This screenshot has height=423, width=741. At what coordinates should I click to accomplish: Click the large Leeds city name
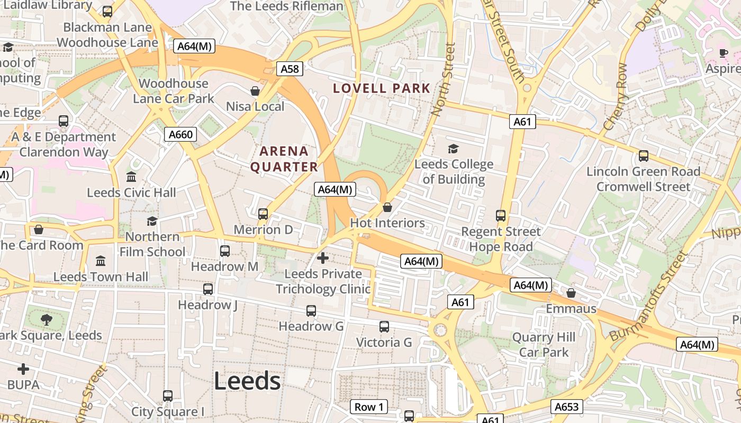tap(247, 381)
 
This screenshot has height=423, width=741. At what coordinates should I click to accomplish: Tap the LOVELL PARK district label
tap(382, 88)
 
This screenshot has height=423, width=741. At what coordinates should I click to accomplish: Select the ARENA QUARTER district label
tap(284, 159)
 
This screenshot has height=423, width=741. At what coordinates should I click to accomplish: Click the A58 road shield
tap(290, 69)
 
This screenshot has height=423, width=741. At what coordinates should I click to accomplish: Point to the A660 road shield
tap(180, 134)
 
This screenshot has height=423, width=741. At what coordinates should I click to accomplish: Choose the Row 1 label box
tap(369, 407)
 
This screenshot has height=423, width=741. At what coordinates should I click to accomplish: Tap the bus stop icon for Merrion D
tap(263, 214)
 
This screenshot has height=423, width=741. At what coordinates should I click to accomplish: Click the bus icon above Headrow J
tap(208, 289)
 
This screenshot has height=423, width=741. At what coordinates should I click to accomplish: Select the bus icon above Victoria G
tap(384, 327)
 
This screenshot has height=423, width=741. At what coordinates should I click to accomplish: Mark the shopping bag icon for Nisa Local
tap(255, 91)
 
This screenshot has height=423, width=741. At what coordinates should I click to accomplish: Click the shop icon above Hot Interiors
tap(387, 207)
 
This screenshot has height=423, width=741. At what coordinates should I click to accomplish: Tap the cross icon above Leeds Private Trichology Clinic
tap(323, 258)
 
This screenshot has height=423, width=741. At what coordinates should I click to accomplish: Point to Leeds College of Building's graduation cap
tap(454, 149)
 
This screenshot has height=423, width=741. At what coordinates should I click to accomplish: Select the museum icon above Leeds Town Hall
tap(101, 261)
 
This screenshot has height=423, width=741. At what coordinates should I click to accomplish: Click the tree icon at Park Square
tap(47, 319)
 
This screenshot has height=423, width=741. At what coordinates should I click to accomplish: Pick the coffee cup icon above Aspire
tap(724, 53)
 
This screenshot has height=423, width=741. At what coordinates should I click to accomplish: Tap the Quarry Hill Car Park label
tap(544, 345)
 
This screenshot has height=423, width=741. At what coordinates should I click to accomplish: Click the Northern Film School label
tap(152, 244)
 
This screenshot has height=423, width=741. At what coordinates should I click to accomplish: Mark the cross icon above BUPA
tap(23, 369)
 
